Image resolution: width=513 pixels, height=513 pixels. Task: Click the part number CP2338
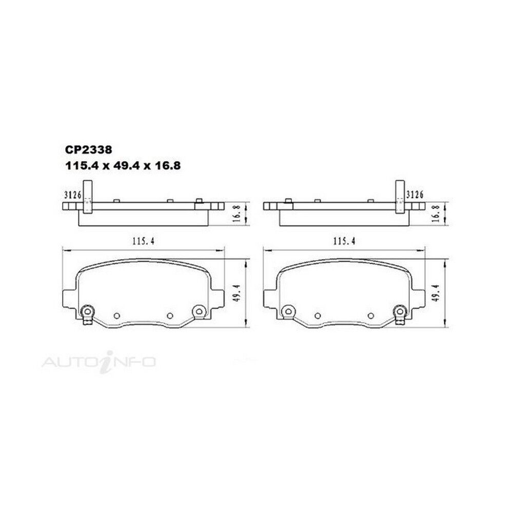tap(89, 150)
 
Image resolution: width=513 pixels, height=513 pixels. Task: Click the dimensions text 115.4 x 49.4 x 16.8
tap(123, 166)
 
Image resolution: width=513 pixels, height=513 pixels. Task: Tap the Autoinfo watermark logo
tap(98, 362)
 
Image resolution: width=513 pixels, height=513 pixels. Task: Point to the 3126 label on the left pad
tap(73, 195)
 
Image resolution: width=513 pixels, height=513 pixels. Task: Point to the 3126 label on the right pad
tap(415, 194)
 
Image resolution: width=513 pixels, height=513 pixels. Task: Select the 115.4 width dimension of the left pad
tap(143, 242)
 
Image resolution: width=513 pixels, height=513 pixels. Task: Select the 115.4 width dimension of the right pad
tap(344, 242)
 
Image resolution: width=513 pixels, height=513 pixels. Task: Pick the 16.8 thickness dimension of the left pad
tap(238, 213)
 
